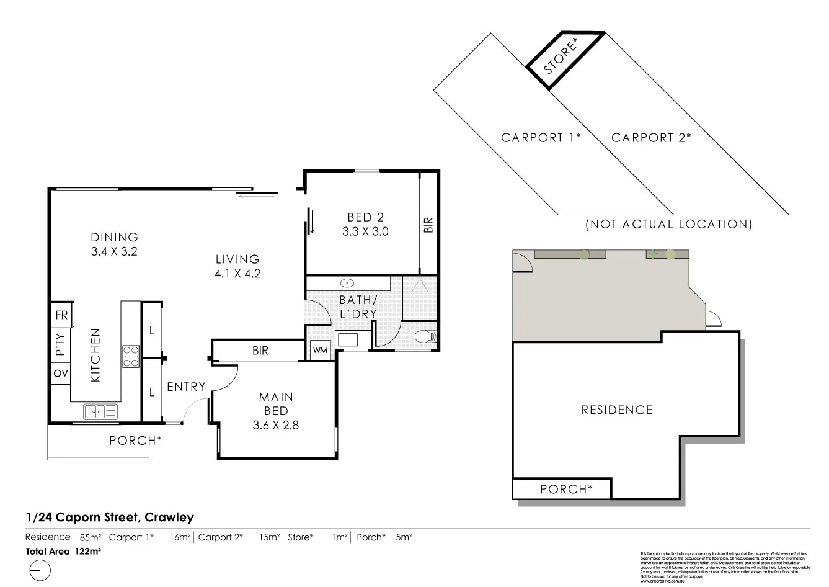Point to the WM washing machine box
pos(320,351)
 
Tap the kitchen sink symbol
pos(100,411)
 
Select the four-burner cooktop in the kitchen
pos(131,356)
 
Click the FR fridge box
pos(61,315)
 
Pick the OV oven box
pos(61,374)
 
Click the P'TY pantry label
pos(60,344)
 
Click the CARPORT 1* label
pos(540,138)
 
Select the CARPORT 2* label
pos(650,138)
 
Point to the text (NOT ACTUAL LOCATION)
pos(668,225)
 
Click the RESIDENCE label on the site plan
pos(616,410)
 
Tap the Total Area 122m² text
pos(63,550)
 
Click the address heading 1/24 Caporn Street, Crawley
pos(110,517)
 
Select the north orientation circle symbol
pos(38,570)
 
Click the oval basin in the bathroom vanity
pos(348,284)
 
